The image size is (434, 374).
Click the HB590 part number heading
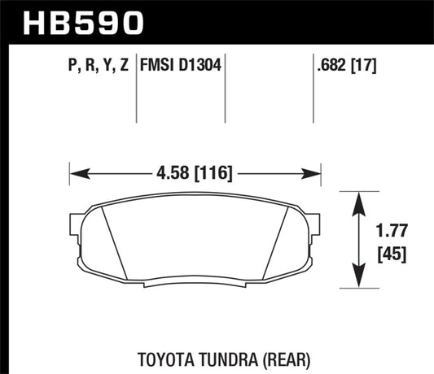pyautogui.click(x=69, y=22)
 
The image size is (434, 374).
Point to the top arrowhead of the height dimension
pyautogui.click(x=358, y=198)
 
